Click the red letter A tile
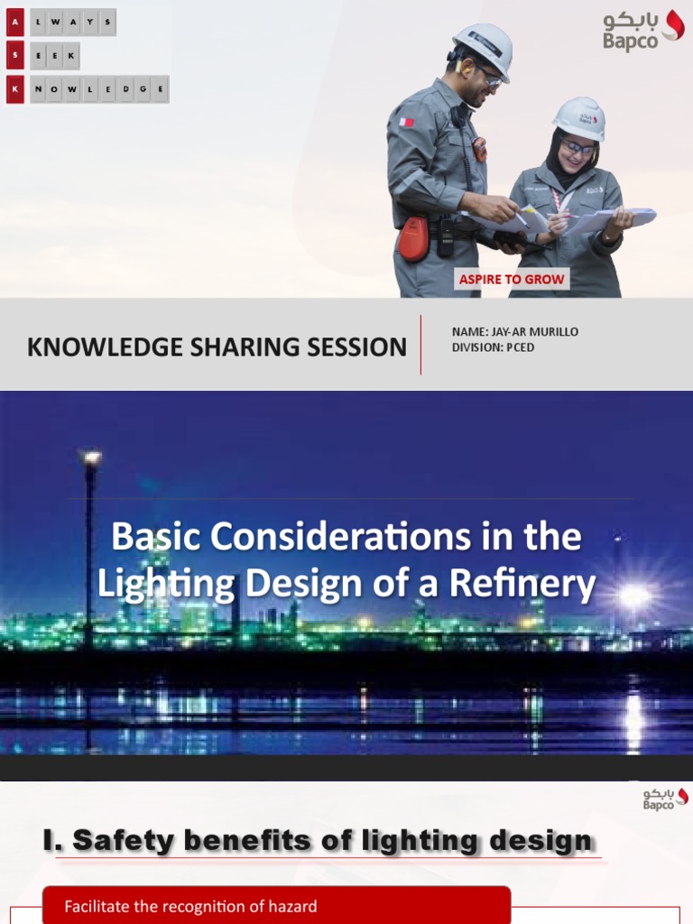coord(14,23)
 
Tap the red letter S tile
coord(14,56)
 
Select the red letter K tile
coord(14,89)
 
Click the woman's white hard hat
coord(579,117)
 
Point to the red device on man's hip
coord(414,239)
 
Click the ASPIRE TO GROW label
coord(512,279)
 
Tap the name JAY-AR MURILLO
coord(515,332)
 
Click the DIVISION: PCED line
coord(493,347)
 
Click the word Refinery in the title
coord(537,584)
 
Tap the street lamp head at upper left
coord(91,458)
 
